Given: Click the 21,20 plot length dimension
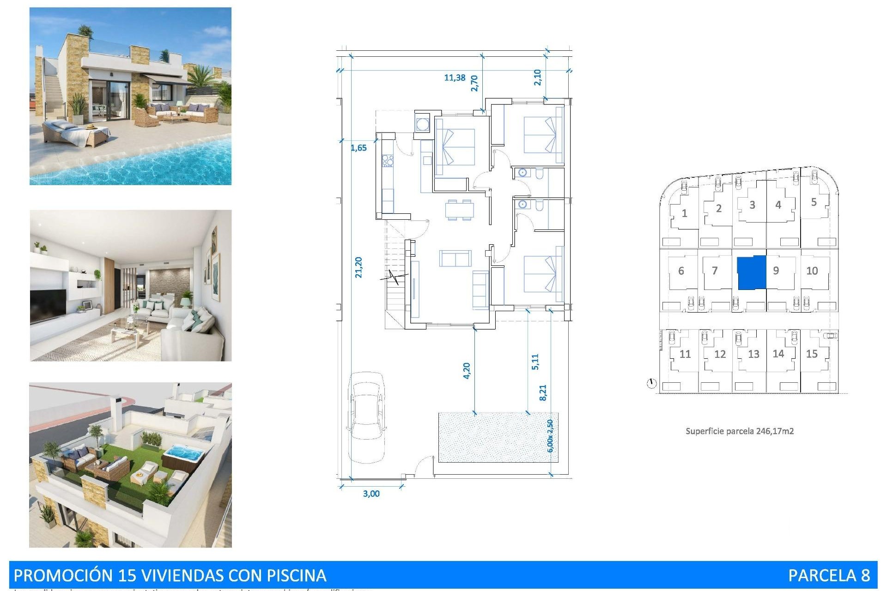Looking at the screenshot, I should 358,267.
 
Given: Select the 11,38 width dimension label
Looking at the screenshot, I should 455,78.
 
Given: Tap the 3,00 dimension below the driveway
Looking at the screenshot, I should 371,494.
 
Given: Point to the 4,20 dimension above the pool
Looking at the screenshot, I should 467,371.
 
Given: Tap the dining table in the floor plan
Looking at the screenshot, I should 459,210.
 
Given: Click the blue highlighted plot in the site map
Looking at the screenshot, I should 751,272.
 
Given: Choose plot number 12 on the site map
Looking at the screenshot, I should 720,354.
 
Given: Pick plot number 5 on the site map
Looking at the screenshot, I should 814,202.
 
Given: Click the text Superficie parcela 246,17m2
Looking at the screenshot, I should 739,431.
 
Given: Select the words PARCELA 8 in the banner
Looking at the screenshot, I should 829,575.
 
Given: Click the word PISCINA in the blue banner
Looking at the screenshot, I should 296,575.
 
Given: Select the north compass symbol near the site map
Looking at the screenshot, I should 651,383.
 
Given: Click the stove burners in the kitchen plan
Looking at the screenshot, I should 387,161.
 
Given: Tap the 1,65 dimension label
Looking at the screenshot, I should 358,148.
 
